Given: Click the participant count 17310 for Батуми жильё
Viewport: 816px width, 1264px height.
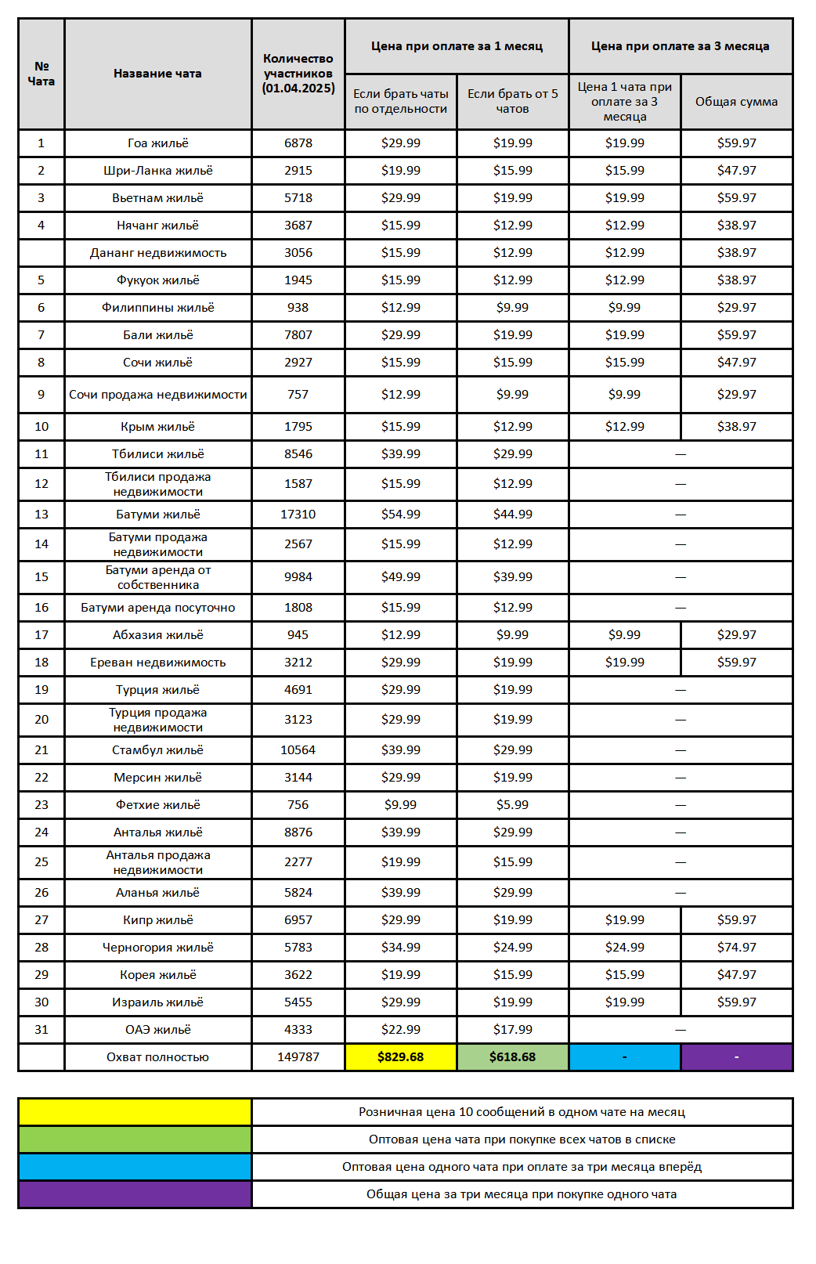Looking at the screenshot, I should tap(298, 515).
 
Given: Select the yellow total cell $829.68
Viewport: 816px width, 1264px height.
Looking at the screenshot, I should tap(400, 1057).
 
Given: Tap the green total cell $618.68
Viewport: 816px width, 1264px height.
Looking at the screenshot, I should tap(512, 1057).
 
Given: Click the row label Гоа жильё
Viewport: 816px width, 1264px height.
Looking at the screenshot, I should tap(158, 143).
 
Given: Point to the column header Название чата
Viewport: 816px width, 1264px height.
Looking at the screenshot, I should tap(157, 74).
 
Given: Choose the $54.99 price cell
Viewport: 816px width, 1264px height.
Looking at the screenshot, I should tap(400, 515).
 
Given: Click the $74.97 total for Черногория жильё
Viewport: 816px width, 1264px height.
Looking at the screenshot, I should tap(736, 948).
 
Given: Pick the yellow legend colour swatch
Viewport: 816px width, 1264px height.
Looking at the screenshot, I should tap(135, 1112).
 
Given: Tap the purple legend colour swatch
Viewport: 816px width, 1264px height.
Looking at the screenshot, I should tap(135, 1194).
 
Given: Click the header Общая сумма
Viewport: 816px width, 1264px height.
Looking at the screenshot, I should tap(736, 102).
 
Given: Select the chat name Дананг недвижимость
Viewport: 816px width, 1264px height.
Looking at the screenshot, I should tap(158, 253).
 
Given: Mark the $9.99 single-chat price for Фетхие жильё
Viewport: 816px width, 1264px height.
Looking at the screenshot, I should tap(400, 805).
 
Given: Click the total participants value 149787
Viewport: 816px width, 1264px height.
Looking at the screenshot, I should tap(298, 1057).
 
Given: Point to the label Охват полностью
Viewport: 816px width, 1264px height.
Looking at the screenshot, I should tap(158, 1057).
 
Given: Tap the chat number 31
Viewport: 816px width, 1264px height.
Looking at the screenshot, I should tap(42, 1030).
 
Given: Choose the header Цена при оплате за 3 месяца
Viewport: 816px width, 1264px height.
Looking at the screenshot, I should tap(680, 46).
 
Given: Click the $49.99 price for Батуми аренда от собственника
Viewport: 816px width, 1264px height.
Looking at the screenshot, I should tap(400, 577).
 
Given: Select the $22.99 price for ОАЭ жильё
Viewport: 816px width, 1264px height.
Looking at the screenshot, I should tap(400, 1030).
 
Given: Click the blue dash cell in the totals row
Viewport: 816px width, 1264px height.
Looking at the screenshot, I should tap(624, 1057).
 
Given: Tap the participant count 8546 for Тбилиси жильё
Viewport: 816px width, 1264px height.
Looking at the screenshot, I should tap(298, 454).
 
